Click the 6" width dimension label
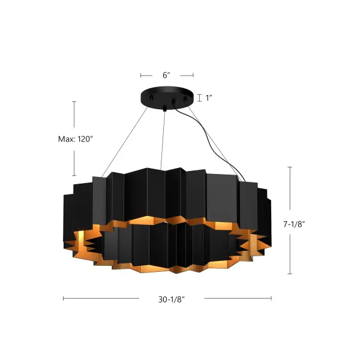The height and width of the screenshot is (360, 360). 166,75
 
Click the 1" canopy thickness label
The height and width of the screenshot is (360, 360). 209,98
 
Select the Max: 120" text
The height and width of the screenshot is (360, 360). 76,139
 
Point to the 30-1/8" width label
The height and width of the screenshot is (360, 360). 167,299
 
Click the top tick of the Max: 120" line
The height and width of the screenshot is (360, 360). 74,102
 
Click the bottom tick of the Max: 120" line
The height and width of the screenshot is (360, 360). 74,175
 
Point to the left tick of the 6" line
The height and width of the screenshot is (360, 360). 141,75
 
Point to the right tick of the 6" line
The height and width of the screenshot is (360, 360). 193,75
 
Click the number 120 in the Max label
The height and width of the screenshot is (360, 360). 85,139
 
